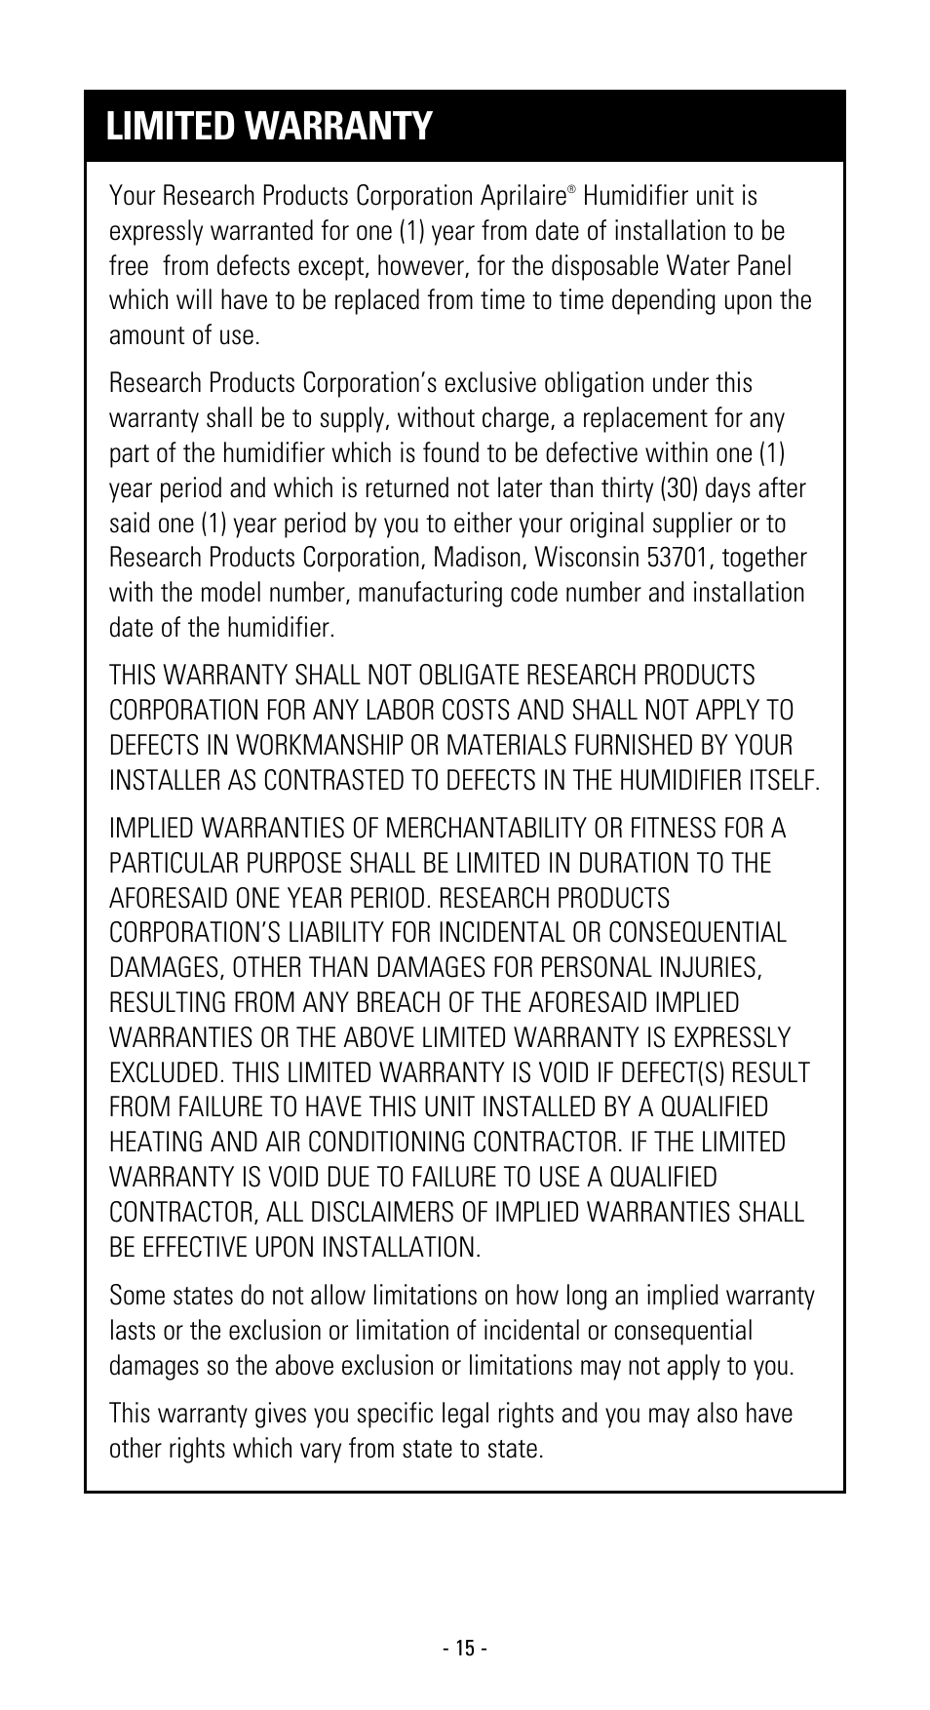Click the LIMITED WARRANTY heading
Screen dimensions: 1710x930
click(x=269, y=127)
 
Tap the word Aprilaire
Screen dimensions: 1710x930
click(x=523, y=196)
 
